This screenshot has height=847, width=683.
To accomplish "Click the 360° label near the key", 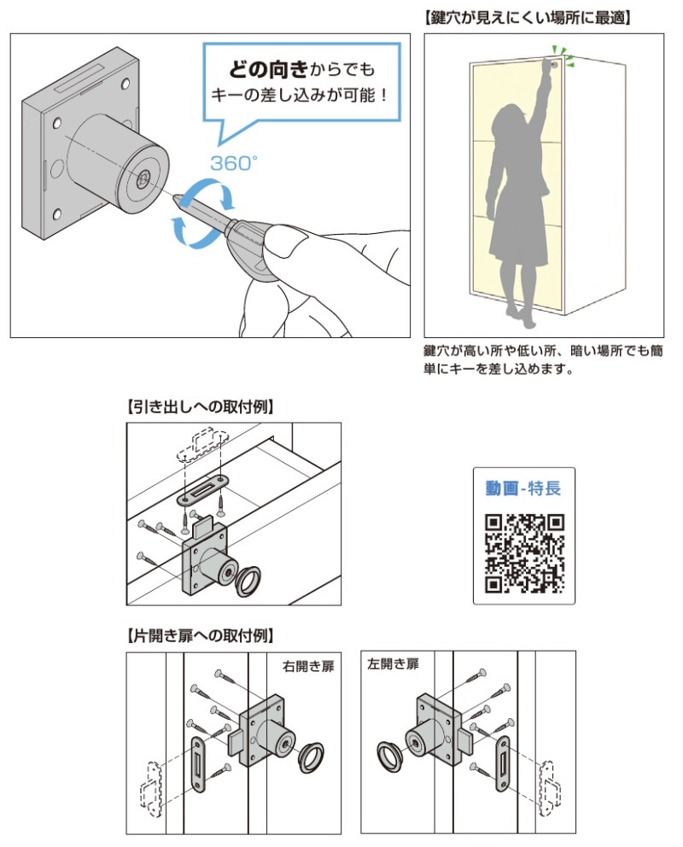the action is [233, 162].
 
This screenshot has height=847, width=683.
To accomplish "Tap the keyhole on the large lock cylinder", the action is [143, 178].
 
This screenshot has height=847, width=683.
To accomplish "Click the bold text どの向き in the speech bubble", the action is [268, 69].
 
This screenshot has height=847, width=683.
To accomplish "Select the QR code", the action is [524, 553].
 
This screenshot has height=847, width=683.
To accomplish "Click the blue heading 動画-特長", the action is [523, 488].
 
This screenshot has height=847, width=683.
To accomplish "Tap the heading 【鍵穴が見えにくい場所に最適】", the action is [527, 19].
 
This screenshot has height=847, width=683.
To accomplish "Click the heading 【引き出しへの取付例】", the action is [200, 406].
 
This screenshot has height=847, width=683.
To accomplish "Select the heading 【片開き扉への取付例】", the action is [200, 636].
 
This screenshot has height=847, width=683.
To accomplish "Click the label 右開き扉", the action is [308, 667].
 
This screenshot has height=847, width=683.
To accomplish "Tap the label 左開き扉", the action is [393, 664].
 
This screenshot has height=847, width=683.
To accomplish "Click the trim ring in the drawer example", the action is [248, 581].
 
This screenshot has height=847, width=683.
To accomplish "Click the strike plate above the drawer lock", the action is [203, 489].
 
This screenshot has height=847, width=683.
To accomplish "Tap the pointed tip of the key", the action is [174, 196].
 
